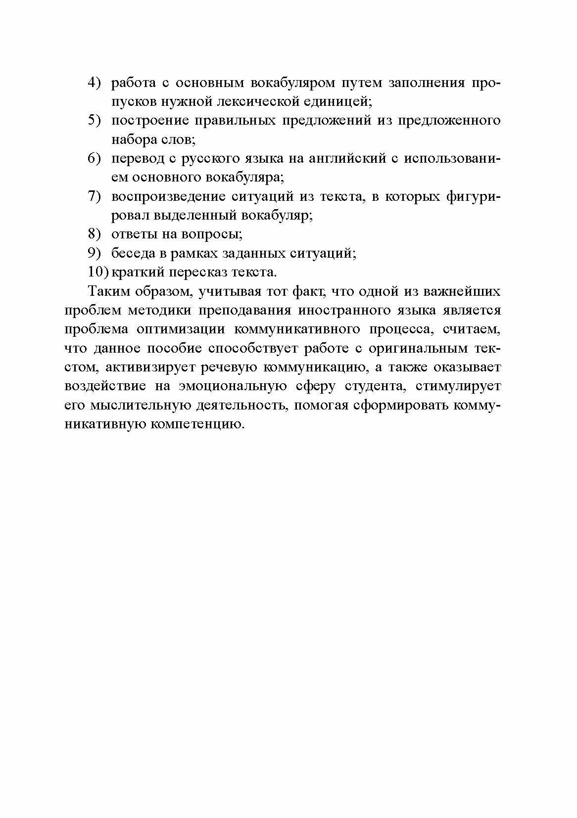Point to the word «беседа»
click(x=130, y=253)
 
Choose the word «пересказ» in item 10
click(x=203, y=272)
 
